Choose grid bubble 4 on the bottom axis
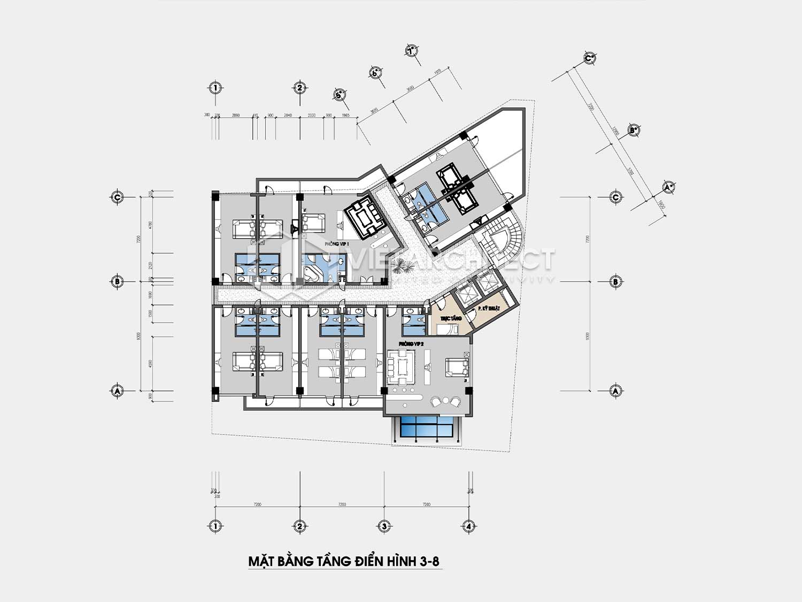click(x=469, y=527)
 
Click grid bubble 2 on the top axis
click(x=300, y=88)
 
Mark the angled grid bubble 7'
click(x=411, y=51)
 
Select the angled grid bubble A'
click(x=668, y=187)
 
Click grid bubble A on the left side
click(x=118, y=391)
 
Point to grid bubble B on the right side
click(x=616, y=281)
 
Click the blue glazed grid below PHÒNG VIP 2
click(x=427, y=428)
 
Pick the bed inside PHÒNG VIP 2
click(x=457, y=368)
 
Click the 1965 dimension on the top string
click(x=345, y=115)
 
